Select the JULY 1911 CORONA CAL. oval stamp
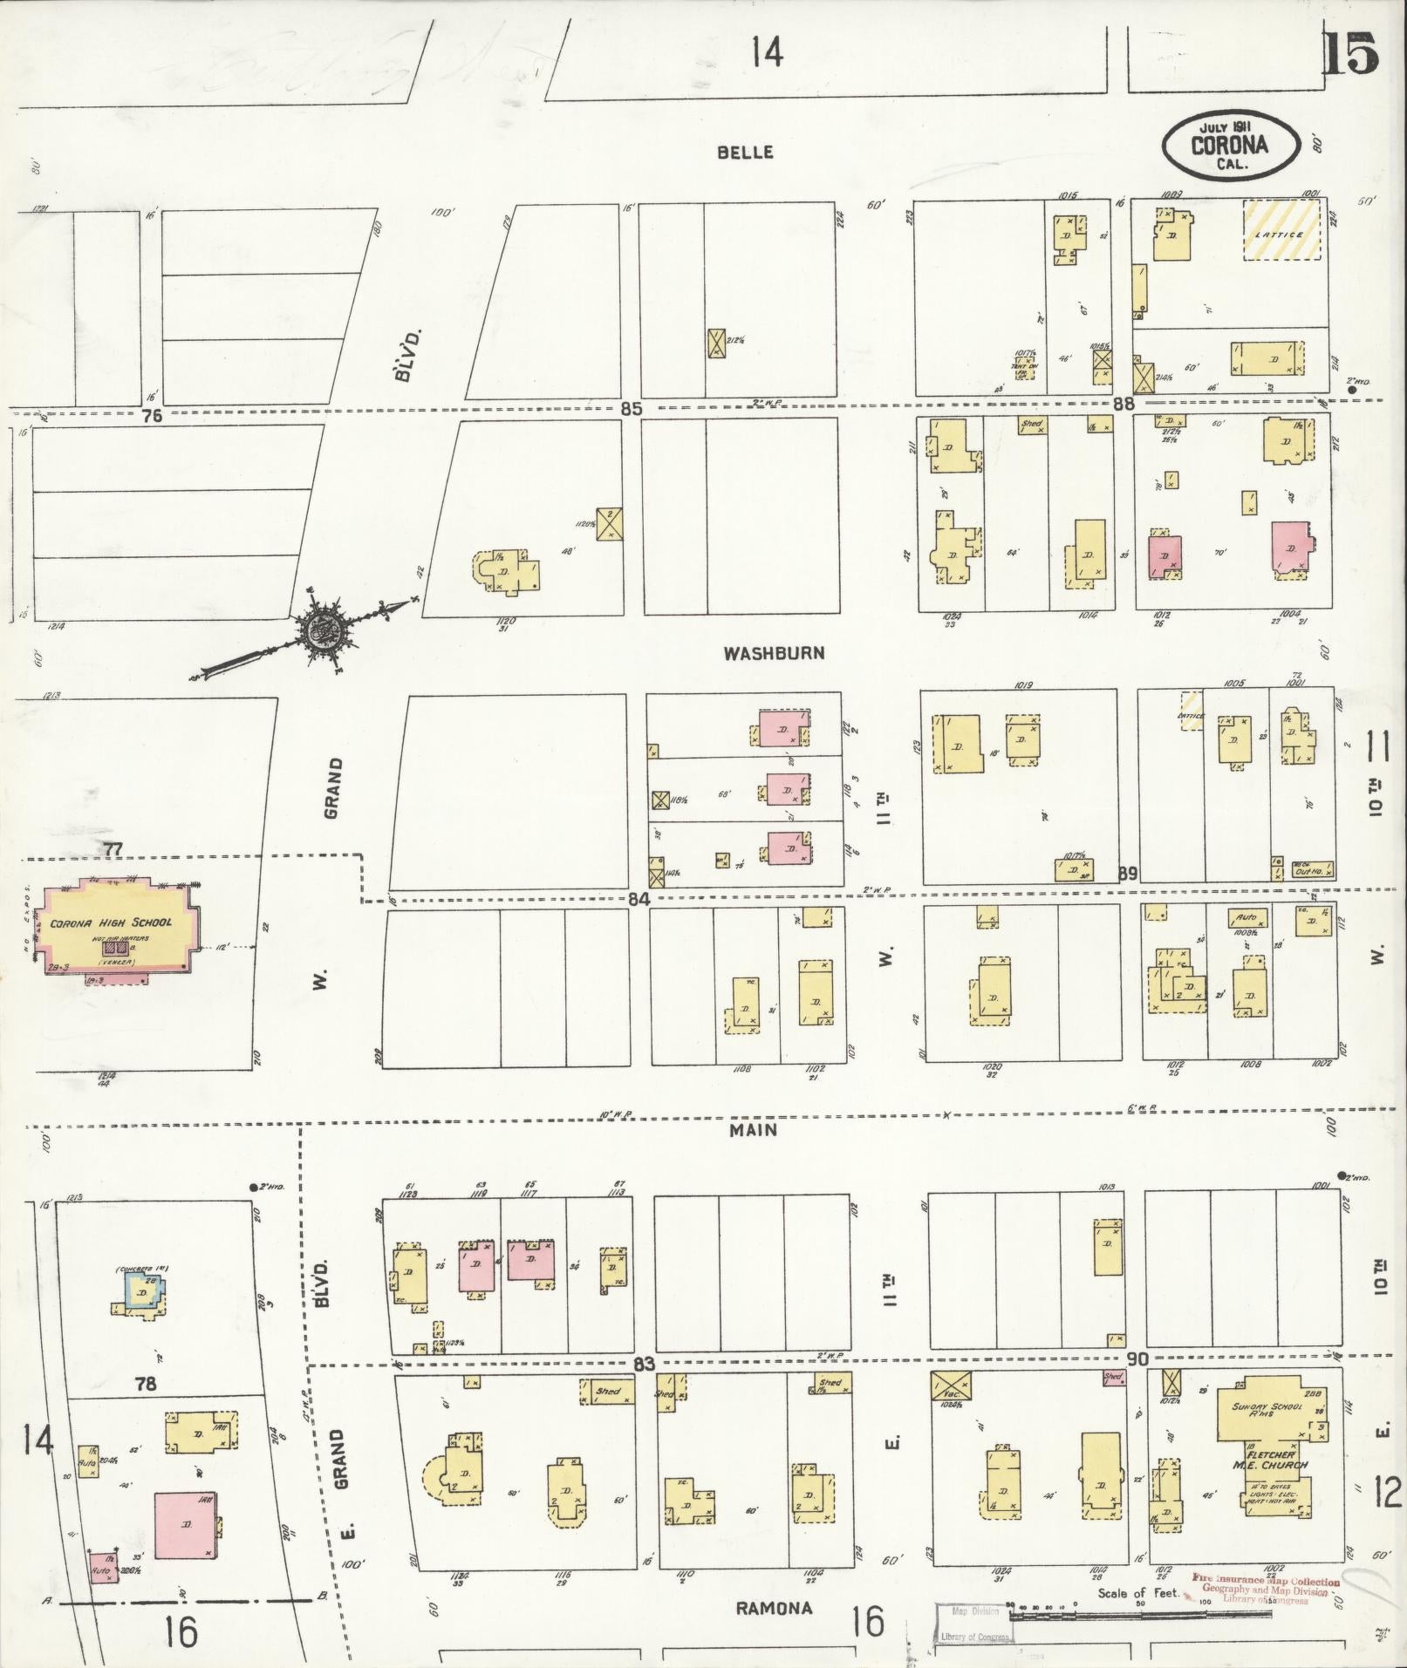click(x=1230, y=144)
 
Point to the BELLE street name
click(x=745, y=152)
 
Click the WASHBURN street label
click(x=774, y=653)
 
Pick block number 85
click(x=632, y=408)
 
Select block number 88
click(x=1124, y=404)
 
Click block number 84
click(x=639, y=898)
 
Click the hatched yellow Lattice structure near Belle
click(x=1281, y=231)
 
